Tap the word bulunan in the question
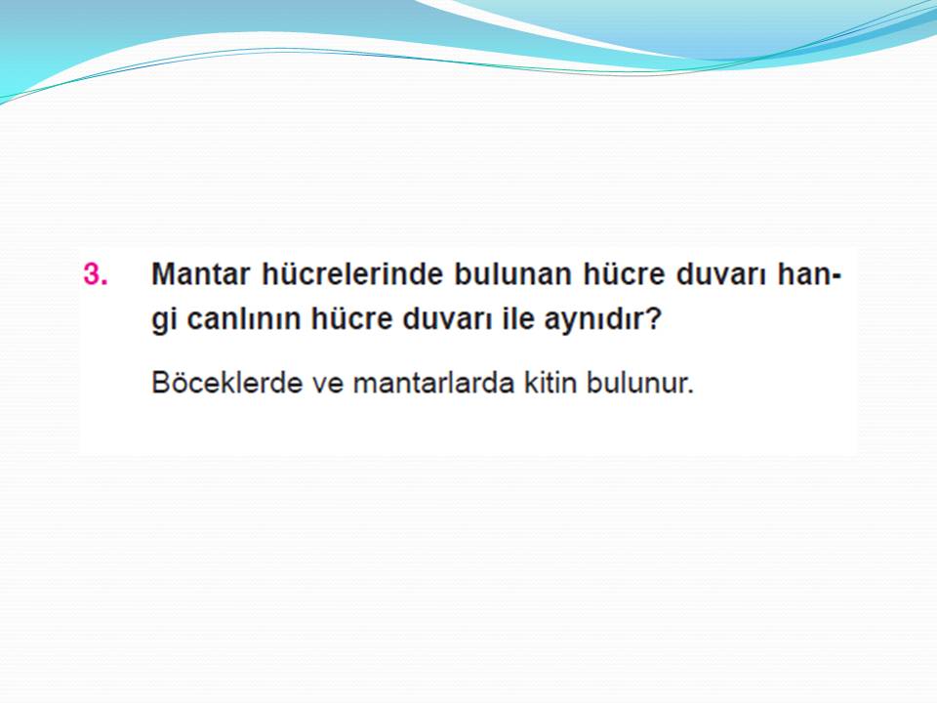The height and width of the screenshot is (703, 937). [512, 274]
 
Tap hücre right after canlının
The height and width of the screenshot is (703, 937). [351, 318]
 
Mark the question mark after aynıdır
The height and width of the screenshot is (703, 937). [654, 318]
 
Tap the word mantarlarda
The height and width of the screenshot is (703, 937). [433, 383]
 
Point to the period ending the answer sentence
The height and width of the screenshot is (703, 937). [690, 393]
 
